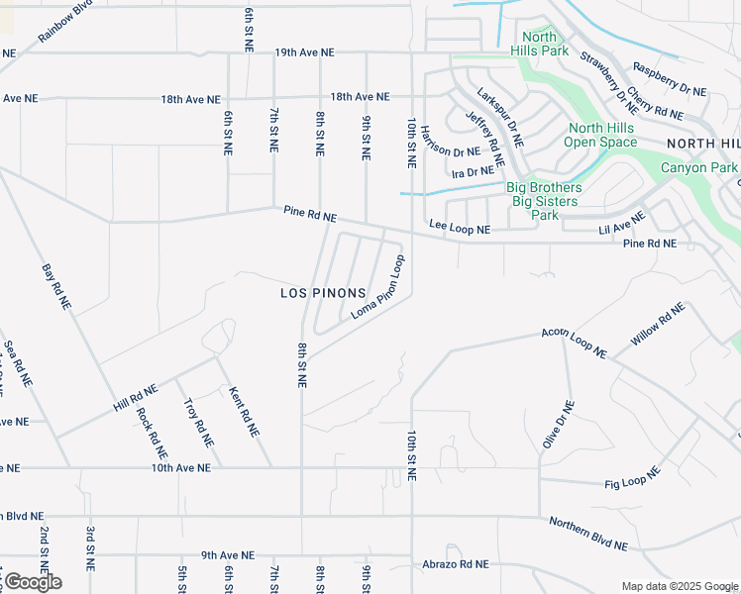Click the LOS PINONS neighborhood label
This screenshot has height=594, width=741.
pyautogui.click(x=323, y=293)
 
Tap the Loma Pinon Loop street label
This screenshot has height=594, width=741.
pyautogui.click(x=379, y=288)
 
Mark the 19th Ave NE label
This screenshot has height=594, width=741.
pyautogui.click(x=304, y=51)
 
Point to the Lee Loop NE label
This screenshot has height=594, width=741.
pyautogui.click(x=460, y=229)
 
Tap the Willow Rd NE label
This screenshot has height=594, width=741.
pyautogui.click(x=658, y=326)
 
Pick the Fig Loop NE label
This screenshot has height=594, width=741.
pyautogui.click(x=632, y=479)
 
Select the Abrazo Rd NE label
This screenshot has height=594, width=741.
pyautogui.click(x=456, y=563)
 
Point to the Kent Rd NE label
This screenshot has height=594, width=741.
pyautogui.click(x=244, y=413)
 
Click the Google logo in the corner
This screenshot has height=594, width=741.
pyautogui.click(x=32, y=581)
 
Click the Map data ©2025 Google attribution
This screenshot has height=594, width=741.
pyautogui.click(x=680, y=586)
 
